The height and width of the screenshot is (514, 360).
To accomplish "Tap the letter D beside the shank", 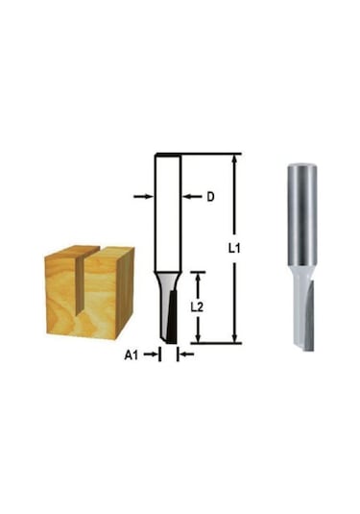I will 209,197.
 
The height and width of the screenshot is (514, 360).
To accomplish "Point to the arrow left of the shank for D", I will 143,196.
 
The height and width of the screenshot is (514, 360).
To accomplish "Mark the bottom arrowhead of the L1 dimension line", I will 233,339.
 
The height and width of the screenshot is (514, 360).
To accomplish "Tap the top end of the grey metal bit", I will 301,167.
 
